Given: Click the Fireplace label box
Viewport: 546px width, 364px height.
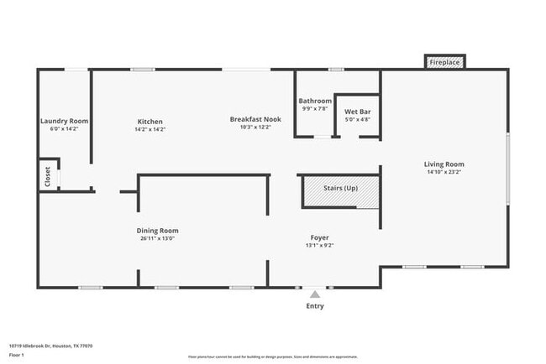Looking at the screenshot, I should [444, 63].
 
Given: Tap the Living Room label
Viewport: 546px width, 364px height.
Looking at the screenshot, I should [444, 164].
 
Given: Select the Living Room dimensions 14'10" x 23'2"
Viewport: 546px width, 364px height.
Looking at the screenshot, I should [444, 172].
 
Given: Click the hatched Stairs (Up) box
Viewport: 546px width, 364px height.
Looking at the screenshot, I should [340, 189].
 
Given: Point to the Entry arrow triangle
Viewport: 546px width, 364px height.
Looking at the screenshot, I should [314, 294].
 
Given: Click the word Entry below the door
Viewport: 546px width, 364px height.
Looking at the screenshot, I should [314, 306].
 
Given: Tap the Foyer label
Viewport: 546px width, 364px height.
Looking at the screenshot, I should [318, 238].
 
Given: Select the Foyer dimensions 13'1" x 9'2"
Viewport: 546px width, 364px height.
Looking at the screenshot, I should [318, 246].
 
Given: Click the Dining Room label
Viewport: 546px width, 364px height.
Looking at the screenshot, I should [158, 231].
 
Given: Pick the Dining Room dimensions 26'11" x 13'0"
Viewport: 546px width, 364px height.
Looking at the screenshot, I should [158, 238].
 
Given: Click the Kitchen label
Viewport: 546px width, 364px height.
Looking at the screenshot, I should [150, 122].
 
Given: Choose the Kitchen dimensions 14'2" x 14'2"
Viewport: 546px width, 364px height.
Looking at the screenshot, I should [150, 129].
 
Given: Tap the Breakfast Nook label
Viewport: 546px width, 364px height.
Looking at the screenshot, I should [255, 119].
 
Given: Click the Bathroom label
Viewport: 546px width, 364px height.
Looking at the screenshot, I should [317, 101].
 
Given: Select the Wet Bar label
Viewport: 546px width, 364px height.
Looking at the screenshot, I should [358, 112].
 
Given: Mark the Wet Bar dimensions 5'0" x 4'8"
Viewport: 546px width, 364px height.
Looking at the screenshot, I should [358, 119].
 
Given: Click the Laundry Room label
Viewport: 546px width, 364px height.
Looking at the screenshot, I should [64, 121].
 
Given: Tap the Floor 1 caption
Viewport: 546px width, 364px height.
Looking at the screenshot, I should [16, 355].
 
